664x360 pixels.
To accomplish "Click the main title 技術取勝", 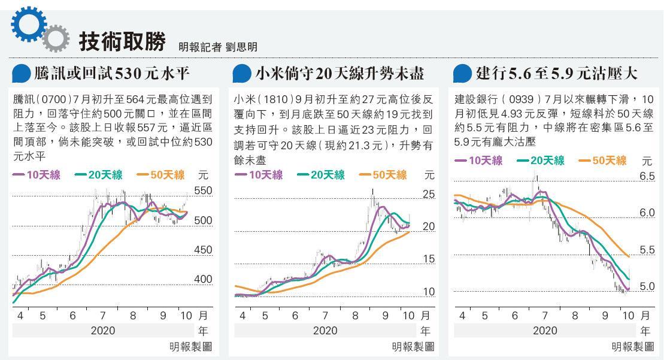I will (x=122, y=40).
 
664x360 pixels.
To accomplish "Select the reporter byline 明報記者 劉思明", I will (x=218, y=47).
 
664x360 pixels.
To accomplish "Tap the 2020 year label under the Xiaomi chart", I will (x=325, y=330).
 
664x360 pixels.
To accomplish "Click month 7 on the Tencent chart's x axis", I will (x=102, y=315).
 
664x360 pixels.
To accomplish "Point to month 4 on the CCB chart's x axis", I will (x=462, y=315).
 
